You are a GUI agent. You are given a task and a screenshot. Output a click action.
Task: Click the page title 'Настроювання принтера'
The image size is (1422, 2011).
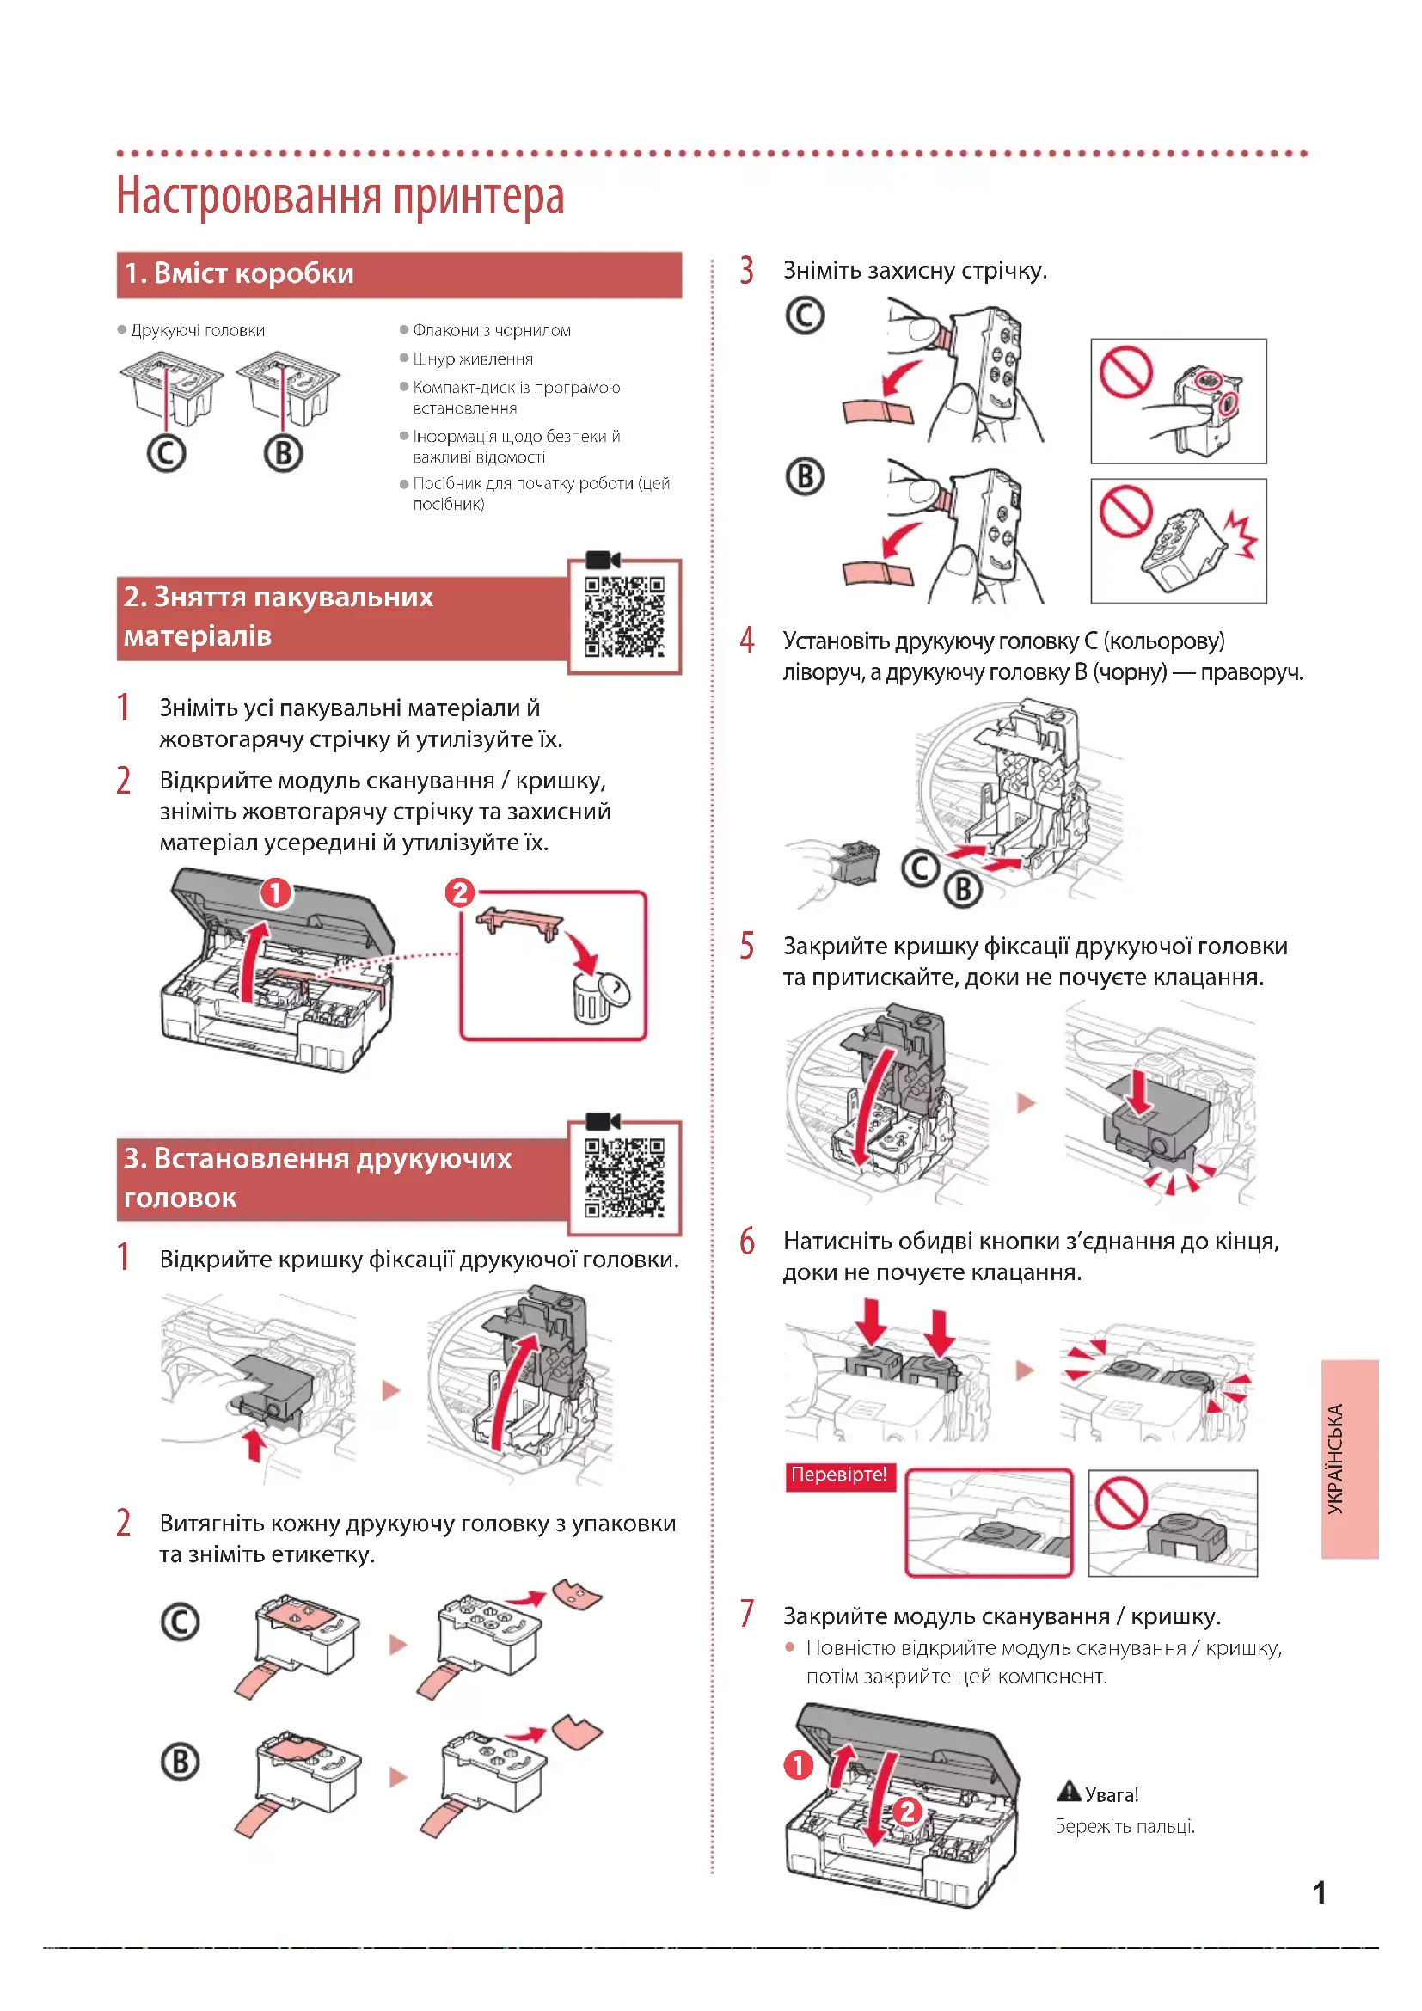pos(340,195)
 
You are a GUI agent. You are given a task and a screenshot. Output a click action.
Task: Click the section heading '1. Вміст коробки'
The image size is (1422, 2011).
pos(238,274)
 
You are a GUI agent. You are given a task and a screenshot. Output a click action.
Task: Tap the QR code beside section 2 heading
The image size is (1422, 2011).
pos(624,616)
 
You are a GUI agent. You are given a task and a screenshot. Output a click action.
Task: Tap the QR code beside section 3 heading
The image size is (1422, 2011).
pos(624,1178)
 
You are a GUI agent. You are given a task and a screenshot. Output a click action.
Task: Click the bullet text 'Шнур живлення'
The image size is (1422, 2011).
pos(473,359)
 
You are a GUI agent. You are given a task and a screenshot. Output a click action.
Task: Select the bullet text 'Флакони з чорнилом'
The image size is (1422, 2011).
pos(491,330)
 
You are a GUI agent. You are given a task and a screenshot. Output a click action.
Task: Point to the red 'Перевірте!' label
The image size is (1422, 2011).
pos(839,1475)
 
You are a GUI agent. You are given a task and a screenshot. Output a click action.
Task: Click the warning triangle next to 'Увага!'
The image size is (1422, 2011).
pos(1069,1792)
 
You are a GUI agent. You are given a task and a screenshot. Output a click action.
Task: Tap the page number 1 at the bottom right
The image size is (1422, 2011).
pos(1319,1892)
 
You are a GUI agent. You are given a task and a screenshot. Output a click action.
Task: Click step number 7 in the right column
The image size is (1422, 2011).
pos(747,1613)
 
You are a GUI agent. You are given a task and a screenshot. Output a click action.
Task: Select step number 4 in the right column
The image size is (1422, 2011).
pos(747,641)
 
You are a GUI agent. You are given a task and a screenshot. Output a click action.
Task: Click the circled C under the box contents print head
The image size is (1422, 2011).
pos(167,454)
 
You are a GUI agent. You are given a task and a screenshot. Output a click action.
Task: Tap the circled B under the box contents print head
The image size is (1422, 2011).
pos(284,454)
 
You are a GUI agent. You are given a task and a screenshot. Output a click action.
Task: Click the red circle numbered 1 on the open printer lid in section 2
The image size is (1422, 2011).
pos(276,893)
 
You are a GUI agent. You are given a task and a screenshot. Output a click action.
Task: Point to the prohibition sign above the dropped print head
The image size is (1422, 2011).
pos(1126,511)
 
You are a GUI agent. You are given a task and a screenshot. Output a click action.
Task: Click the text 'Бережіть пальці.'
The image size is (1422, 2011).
pos(1125,1827)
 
